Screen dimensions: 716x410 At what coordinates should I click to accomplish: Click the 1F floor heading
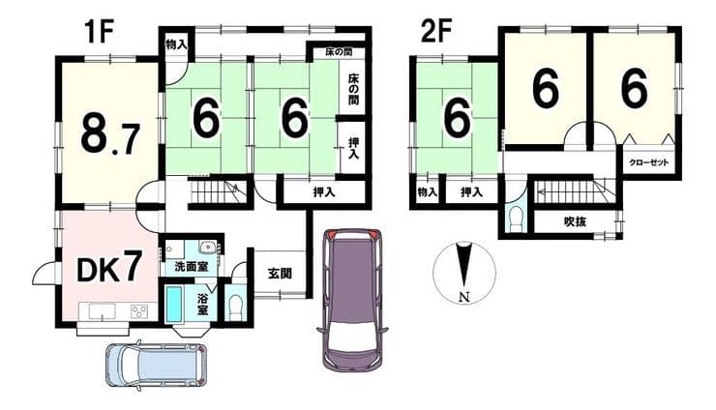[98, 31]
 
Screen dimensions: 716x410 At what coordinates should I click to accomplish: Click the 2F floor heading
[436, 31]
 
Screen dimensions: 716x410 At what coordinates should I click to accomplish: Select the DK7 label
[107, 270]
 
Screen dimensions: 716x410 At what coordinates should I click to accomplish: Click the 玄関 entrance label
[280, 274]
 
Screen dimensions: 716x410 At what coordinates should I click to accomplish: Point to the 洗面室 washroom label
[191, 267]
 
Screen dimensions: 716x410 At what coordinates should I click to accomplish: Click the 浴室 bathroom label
[202, 304]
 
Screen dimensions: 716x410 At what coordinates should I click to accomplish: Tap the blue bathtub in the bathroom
[174, 304]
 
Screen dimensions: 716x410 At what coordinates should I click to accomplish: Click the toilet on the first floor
[236, 308]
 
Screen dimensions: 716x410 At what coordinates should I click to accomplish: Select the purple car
[351, 298]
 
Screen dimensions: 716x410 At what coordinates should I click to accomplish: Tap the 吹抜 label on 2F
[575, 222]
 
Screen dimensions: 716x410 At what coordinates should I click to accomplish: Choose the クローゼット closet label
[649, 162]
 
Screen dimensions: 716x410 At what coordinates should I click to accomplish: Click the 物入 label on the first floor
[176, 44]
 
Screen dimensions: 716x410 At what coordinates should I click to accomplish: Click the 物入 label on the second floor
[427, 192]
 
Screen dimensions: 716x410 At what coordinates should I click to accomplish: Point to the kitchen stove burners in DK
[139, 311]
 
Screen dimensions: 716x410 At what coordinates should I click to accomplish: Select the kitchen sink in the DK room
[98, 311]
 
